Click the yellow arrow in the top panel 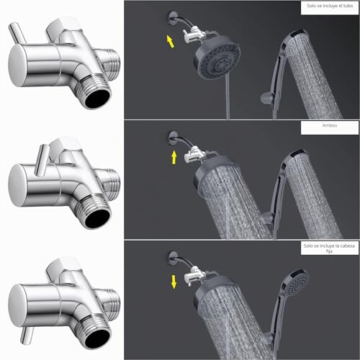click(170, 41)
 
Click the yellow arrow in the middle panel click(174, 158)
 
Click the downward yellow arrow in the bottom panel click(174, 282)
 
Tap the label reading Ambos click(330, 125)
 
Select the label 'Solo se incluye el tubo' click(330, 6)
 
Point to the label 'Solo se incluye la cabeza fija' click(329, 248)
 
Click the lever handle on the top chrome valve click(17, 34)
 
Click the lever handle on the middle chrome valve click(42, 160)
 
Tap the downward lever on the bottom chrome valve click(27, 336)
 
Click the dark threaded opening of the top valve click(97, 99)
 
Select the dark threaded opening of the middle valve click(97, 219)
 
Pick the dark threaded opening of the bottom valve click(97, 339)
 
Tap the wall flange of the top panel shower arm click(172, 18)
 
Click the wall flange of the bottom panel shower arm click(172, 258)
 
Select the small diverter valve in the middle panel click(194, 155)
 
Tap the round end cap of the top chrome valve click(17, 66)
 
